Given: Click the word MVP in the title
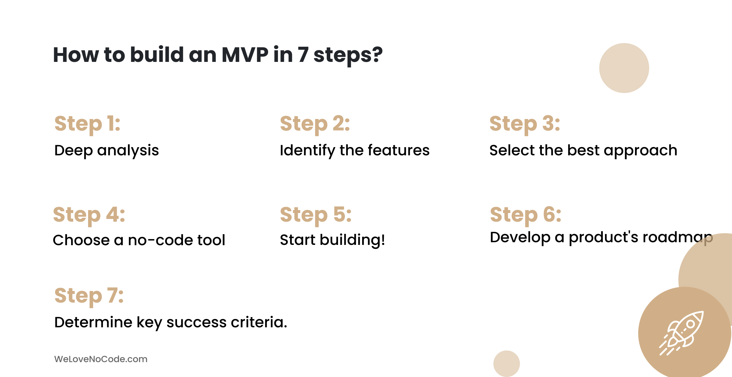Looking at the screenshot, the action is tap(245, 55).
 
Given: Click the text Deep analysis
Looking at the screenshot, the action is tap(107, 151).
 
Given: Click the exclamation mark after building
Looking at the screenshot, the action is tap(382, 240).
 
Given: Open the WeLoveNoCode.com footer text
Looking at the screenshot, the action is tap(101, 359).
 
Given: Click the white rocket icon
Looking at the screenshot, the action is tap(681, 333).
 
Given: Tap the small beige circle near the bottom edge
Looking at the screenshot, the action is tap(506, 364).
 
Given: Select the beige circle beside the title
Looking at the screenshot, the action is tap(624, 68).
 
